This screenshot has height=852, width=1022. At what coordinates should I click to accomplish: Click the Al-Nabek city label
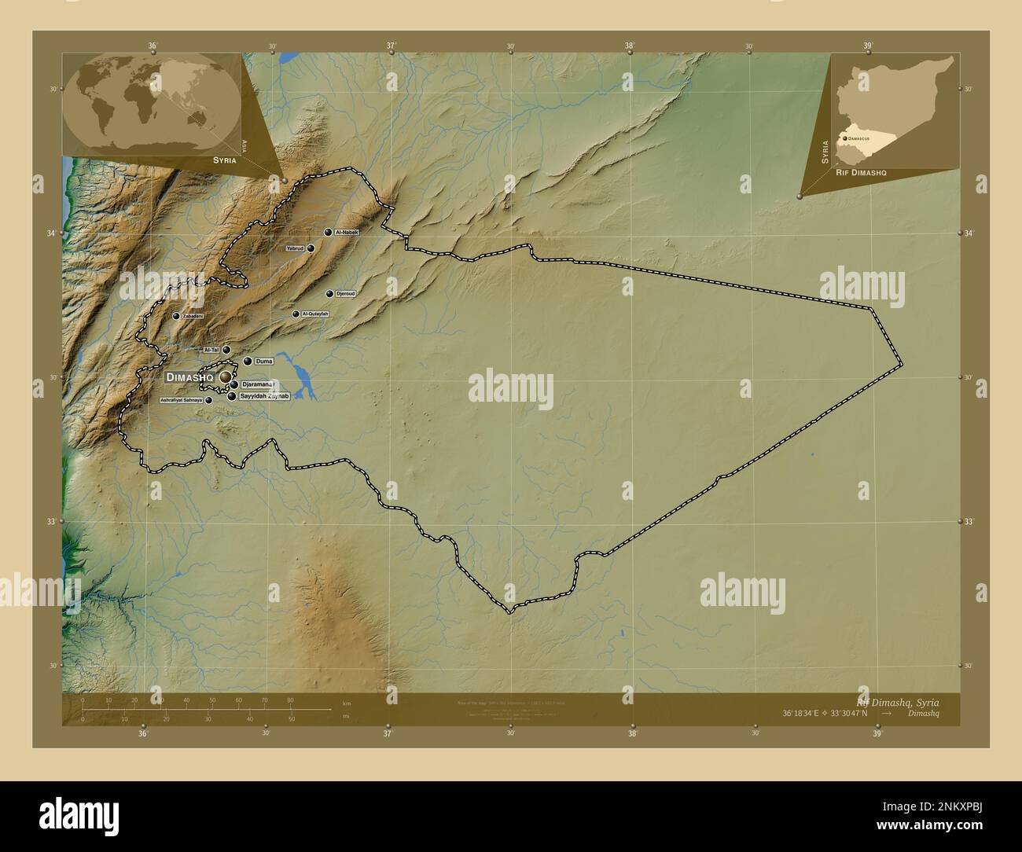click(347, 233)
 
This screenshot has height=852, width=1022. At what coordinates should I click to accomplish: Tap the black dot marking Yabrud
click(311, 248)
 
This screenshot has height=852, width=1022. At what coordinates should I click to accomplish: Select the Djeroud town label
click(345, 294)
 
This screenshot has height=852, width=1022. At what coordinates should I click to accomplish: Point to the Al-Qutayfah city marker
click(296, 314)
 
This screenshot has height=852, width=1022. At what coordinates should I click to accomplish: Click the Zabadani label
click(193, 316)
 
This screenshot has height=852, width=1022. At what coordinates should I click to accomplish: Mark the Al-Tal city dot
click(226, 351)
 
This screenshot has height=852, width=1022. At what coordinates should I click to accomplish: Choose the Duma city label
click(263, 362)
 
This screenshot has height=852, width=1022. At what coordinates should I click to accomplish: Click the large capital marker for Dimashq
click(226, 378)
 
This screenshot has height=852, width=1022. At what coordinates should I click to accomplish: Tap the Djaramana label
click(257, 384)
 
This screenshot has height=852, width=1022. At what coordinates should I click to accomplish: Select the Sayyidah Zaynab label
click(265, 397)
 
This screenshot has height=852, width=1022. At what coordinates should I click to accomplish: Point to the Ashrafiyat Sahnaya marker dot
click(208, 401)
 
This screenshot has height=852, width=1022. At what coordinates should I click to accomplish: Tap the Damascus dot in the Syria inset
click(844, 138)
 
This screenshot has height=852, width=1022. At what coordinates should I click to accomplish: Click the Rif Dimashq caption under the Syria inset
click(861, 171)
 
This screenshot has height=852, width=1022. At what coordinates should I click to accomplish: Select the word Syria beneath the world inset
click(224, 160)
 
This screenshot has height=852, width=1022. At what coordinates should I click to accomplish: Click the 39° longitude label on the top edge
click(868, 46)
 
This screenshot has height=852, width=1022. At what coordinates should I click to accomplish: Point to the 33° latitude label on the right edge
click(969, 522)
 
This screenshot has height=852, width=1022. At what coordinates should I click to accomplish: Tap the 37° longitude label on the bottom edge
click(388, 733)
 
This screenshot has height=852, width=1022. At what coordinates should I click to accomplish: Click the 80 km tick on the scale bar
click(290, 700)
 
